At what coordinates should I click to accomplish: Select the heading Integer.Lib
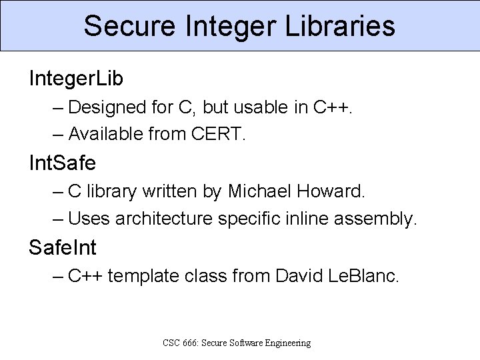76,79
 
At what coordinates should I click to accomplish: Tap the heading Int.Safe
63,163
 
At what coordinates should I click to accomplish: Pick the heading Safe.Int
63,248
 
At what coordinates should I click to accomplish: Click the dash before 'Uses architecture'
58,219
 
